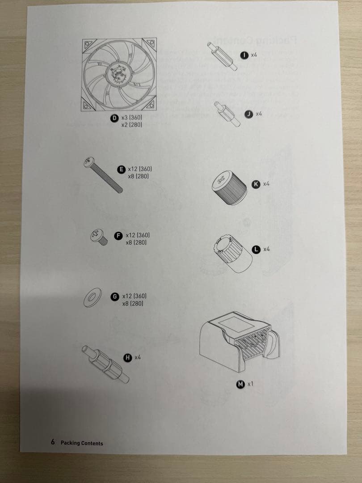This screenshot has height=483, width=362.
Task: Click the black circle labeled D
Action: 115,118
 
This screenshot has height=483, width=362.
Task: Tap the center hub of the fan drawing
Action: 119,72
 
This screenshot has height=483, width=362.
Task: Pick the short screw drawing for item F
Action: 100,237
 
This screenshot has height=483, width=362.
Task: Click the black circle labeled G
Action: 115,296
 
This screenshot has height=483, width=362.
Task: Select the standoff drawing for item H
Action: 105,364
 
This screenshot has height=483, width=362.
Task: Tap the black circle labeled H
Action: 128,357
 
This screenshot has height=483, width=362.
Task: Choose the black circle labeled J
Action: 249,114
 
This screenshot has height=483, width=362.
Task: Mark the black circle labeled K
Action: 256,184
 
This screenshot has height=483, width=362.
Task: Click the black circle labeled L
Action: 257,249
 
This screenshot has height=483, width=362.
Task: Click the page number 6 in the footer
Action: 52,442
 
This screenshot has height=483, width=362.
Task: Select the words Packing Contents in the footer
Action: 82,443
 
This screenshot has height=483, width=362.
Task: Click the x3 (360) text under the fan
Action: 131,118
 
